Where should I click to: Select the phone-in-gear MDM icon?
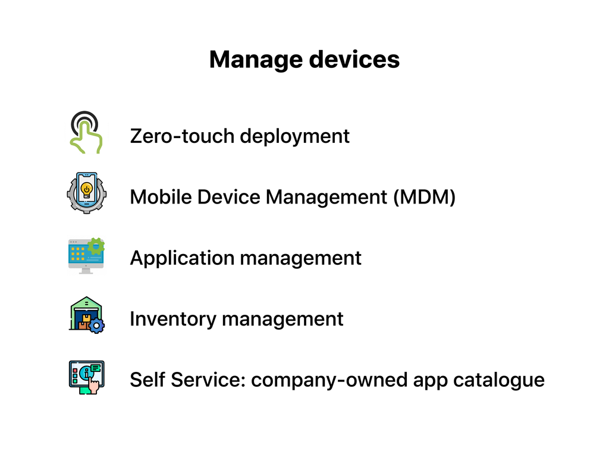[x=86, y=193]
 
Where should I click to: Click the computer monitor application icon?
[x=86, y=256]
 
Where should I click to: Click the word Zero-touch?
[x=182, y=136]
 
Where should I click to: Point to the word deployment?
[x=294, y=136]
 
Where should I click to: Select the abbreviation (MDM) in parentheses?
[x=423, y=197]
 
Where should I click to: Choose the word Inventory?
[x=172, y=319]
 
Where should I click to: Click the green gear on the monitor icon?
[x=96, y=246]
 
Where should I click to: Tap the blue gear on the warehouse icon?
[x=96, y=325]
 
